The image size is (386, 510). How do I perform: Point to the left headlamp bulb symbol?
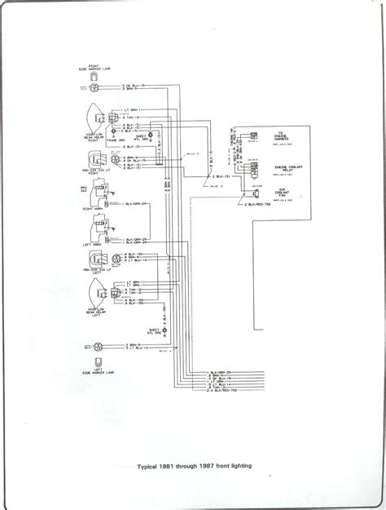(x=95, y=295)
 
